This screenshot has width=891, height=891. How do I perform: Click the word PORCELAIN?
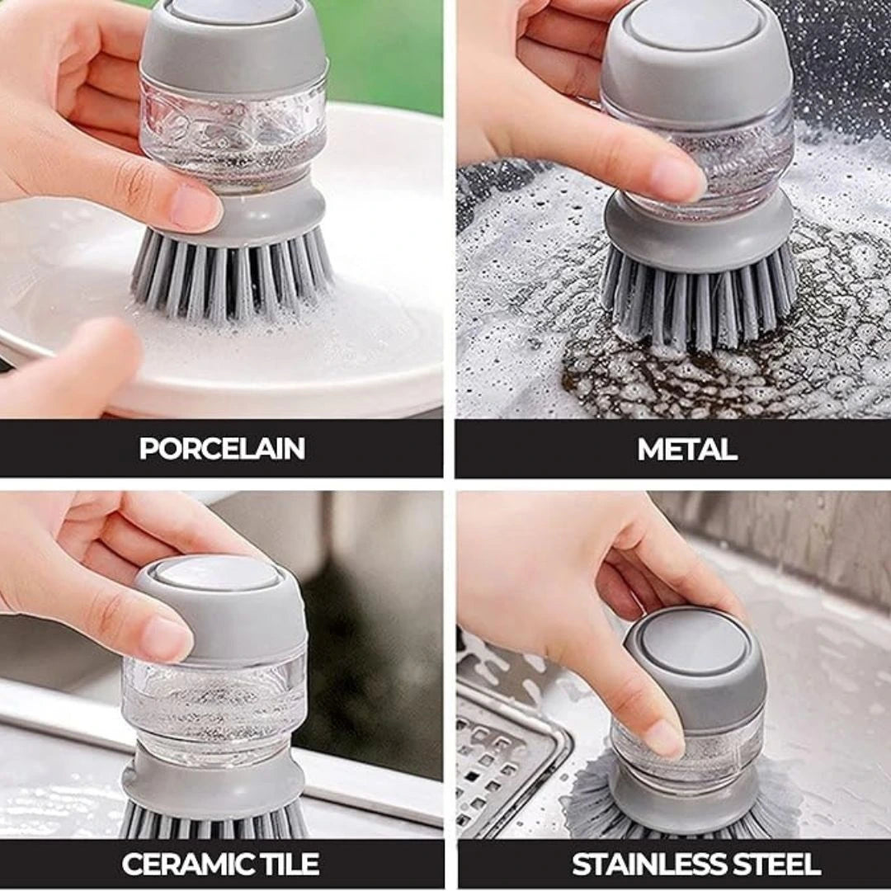click(222, 449)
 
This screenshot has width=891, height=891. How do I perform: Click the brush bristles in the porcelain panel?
click(232, 277)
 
